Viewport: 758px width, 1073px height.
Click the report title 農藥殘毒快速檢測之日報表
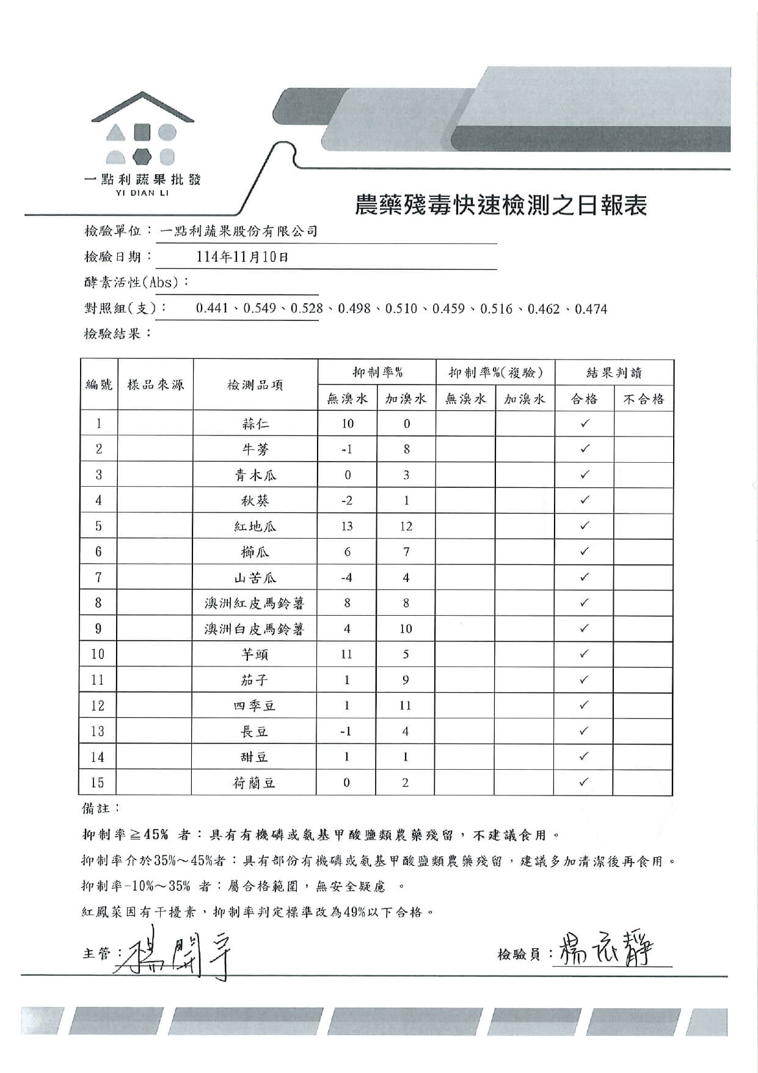coord(500,205)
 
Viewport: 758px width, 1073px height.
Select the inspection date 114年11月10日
coord(242,257)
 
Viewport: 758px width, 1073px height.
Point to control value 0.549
coord(260,309)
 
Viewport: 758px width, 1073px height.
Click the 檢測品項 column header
coord(255,385)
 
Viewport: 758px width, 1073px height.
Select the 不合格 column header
coord(643,399)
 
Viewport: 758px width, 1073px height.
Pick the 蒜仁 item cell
coord(255,424)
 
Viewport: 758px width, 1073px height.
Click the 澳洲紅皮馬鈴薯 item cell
coord(255,603)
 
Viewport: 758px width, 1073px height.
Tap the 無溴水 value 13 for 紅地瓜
coord(347,526)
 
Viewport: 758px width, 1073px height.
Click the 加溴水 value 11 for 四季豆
coord(406,706)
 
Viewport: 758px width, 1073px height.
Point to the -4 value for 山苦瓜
coord(347,578)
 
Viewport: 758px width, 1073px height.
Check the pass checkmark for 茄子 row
coord(584,680)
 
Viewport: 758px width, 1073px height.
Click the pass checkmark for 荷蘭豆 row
coord(584,782)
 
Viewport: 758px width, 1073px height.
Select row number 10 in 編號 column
coord(98,654)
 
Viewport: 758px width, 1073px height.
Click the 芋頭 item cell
coord(255,655)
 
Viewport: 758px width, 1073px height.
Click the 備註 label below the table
coord(96,808)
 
